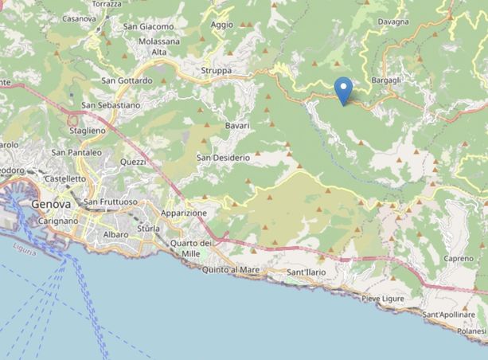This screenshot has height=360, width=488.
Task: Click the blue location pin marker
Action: [343, 89]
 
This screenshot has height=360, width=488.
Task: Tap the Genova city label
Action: [51, 204]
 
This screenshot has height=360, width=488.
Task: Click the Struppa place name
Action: [217, 71]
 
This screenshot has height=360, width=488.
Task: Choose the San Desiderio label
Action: [223, 158]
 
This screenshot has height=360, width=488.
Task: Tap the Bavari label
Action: [237, 126]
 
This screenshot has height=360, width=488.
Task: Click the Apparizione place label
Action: [184, 213]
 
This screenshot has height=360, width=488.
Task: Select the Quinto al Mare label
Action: [232, 270]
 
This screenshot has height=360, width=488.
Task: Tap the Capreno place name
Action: [459, 259]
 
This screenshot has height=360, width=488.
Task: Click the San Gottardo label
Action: [127, 80]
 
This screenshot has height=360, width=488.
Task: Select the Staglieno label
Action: [87, 131]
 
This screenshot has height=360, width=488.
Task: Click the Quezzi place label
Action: [133, 162]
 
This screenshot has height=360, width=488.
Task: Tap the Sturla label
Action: [148, 229]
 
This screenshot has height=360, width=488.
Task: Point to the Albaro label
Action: [115, 235]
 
